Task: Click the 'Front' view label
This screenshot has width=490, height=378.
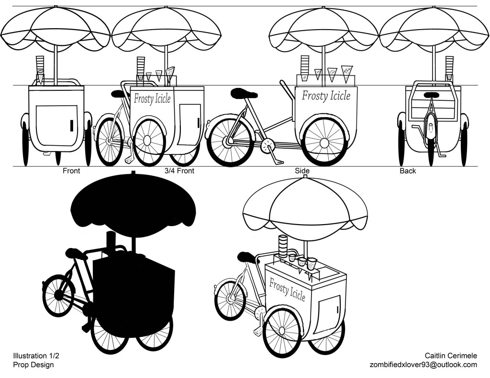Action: point(71,171)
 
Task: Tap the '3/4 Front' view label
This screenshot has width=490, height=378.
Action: point(179,171)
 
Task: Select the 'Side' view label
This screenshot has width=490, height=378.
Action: point(302,171)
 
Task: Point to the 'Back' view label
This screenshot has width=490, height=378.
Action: point(408,171)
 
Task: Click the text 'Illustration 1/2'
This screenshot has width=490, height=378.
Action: point(36,356)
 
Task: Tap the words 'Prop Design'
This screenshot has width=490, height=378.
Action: point(33,365)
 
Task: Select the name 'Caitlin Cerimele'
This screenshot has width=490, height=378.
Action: point(451,356)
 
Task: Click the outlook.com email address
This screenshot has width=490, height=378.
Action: point(423,365)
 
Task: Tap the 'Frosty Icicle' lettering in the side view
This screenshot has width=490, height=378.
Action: point(326,96)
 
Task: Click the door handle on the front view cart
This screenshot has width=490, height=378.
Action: point(72,125)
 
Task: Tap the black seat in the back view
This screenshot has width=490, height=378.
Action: point(432,95)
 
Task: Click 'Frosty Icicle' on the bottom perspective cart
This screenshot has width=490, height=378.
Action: point(287,289)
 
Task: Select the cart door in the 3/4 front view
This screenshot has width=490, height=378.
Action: point(189,125)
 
